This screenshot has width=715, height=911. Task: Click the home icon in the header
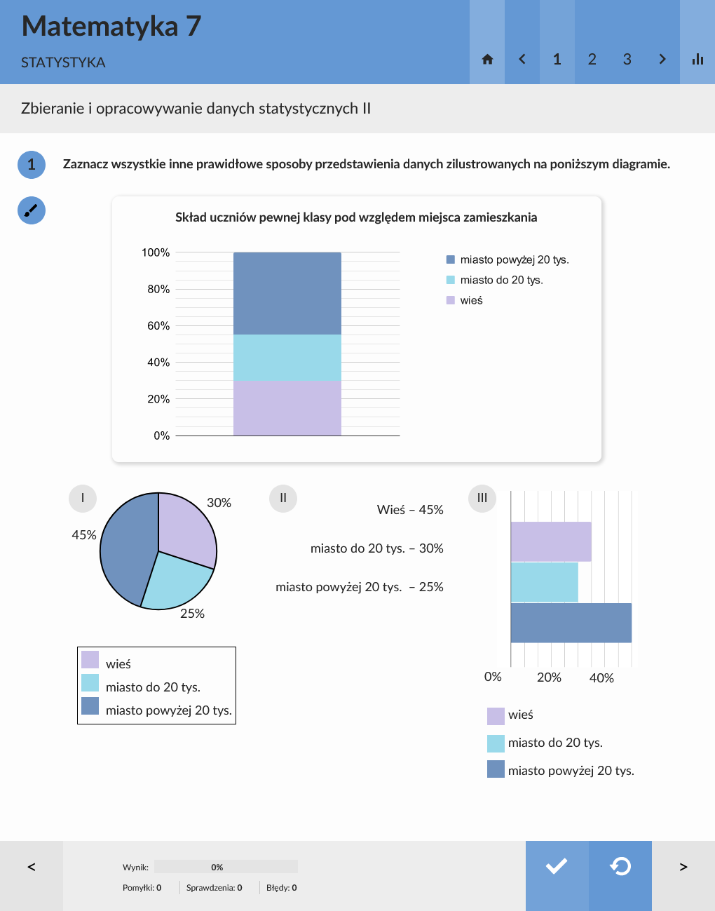coord(487,60)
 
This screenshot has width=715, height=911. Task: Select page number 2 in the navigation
coord(592,60)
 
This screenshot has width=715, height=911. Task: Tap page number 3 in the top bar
coord(627,60)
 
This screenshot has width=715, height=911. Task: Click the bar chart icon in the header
coord(697,60)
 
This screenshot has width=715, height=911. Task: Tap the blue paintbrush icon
coord(32,210)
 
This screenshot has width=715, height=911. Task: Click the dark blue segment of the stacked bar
coord(287,293)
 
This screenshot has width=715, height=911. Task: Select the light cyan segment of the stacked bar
coord(287,358)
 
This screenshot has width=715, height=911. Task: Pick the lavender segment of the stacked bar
coord(287,408)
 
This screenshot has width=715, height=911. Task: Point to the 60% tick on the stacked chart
coord(158,326)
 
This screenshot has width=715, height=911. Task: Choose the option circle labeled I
coord(83,498)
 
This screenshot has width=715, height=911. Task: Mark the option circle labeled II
coord(283,498)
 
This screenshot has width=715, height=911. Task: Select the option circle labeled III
coord(482,498)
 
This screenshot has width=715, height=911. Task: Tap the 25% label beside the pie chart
coord(192,614)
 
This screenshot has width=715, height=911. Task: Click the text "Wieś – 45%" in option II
coord(410,510)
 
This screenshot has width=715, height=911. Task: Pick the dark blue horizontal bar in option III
coord(571,623)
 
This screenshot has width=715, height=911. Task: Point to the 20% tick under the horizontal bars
coord(549,677)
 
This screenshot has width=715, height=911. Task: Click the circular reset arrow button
coord(620,867)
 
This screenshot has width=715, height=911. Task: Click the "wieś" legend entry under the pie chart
coord(118,663)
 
